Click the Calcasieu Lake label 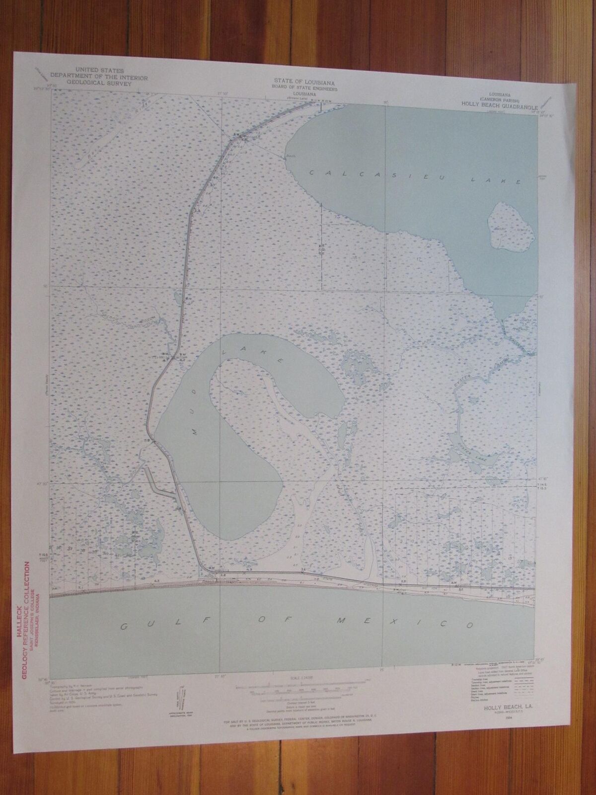click(x=415, y=177)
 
